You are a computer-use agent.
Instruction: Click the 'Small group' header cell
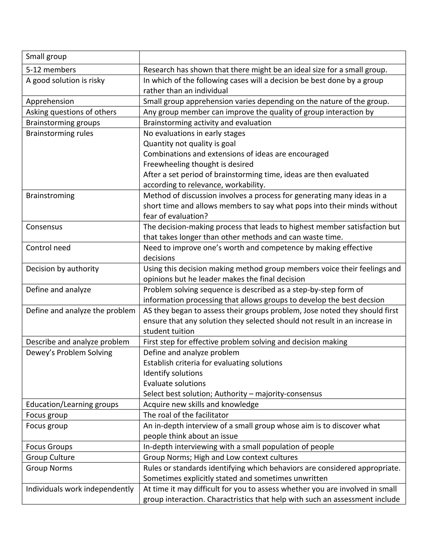[x=46, y=56]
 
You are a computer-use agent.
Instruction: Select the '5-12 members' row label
[x=51, y=70]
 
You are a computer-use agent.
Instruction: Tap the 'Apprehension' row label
[x=50, y=101]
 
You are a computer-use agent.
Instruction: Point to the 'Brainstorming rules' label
[x=60, y=133]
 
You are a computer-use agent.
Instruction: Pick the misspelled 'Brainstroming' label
[x=50, y=196]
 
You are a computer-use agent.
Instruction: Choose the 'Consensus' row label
[x=44, y=227]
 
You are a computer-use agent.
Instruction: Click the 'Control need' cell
[x=48, y=248]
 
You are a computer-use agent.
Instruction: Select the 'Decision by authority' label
[x=62, y=269]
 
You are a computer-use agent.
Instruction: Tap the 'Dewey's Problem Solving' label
[x=69, y=352]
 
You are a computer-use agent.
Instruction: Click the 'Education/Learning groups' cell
[x=72, y=404]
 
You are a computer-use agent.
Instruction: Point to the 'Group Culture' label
[x=50, y=457]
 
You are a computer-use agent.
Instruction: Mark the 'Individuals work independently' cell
[x=80, y=489]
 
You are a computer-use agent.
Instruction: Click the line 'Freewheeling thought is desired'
[x=198, y=164]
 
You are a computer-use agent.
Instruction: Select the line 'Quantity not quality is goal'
[x=189, y=144]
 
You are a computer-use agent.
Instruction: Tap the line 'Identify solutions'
[x=173, y=373]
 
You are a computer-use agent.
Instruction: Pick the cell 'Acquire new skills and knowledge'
[x=201, y=404]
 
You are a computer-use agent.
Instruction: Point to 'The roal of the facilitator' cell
[x=186, y=415]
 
